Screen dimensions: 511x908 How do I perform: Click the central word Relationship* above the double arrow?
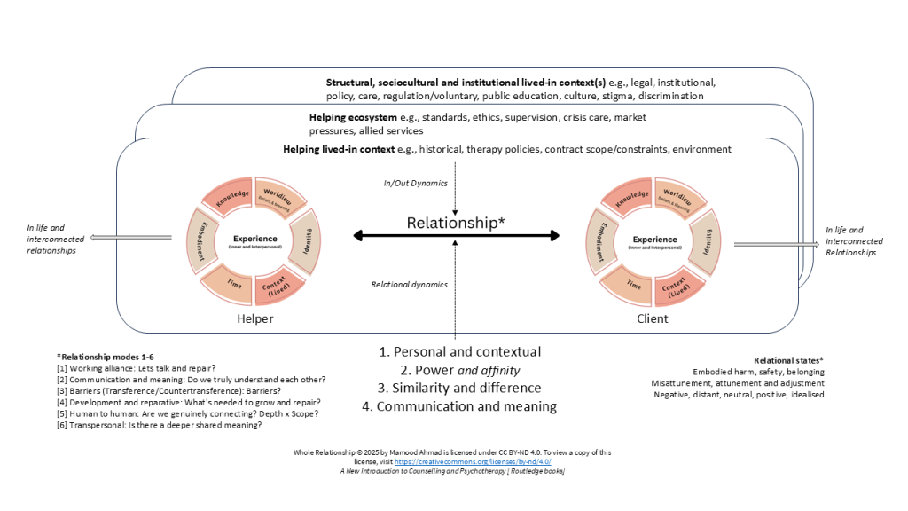click(456, 223)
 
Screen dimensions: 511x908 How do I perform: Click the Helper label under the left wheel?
click(255, 318)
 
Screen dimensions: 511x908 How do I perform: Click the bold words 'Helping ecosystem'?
click(352, 117)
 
